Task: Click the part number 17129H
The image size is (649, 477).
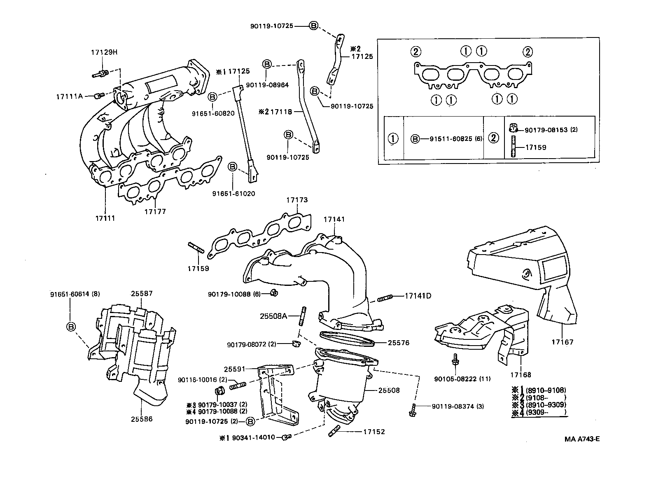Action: pyautogui.click(x=104, y=52)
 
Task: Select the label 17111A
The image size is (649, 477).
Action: pyautogui.click(x=70, y=96)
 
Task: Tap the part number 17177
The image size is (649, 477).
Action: pyautogui.click(x=155, y=211)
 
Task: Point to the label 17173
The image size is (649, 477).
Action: pyautogui.click(x=297, y=200)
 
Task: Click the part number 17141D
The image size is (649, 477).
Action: pyautogui.click(x=418, y=296)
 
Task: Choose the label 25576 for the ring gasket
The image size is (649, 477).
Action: pyautogui.click(x=398, y=343)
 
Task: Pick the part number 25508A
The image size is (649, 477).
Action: pyautogui.click(x=273, y=316)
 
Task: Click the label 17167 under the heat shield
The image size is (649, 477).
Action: pyautogui.click(x=562, y=342)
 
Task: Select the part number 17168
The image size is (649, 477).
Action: pyautogui.click(x=521, y=375)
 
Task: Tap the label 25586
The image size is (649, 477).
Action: pyautogui.click(x=142, y=419)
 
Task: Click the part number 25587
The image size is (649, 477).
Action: pyautogui.click(x=142, y=294)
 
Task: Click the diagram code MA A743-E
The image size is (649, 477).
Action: pyautogui.click(x=582, y=439)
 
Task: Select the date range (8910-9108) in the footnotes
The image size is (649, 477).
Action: pyautogui.click(x=545, y=390)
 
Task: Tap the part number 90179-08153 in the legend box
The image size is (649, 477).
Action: pyautogui.click(x=546, y=130)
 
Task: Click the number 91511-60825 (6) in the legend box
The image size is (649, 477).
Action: pyautogui.click(x=451, y=139)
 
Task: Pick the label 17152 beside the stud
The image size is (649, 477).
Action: pyautogui.click(x=374, y=432)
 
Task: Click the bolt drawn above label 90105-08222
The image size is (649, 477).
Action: pyautogui.click(x=455, y=360)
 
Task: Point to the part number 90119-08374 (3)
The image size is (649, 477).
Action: pyautogui.click(x=458, y=406)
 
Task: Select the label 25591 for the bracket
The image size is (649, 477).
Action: pyautogui.click(x=235, y=369)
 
